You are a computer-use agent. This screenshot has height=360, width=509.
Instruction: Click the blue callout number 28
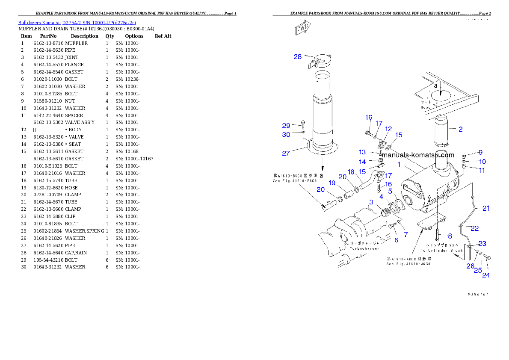(x=297, y=57)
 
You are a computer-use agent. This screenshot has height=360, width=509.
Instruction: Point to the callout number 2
(x=460, y=129)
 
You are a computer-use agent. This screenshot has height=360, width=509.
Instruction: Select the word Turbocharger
(x=364, y=248)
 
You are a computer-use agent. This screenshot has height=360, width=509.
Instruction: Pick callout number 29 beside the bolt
(x=286, y=126)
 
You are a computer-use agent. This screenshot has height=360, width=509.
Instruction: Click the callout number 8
(x=450, y=236)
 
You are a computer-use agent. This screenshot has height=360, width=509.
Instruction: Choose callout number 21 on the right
(x=486, y=209)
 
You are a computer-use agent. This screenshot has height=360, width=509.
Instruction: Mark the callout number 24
(x=486, y=275)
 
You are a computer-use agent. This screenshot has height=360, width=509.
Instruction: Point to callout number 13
(x=362, y=152)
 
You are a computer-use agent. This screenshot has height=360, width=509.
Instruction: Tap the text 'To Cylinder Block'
(x=442, y=251)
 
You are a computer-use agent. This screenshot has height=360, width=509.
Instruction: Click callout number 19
(x=332, y=183)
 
